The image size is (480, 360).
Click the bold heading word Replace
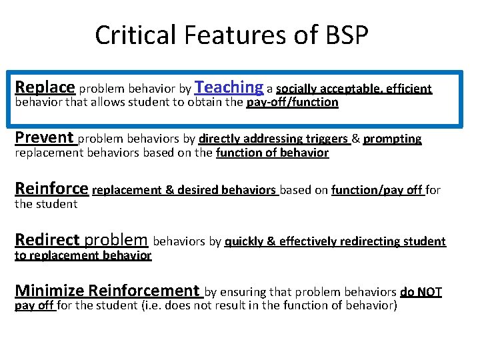coord(45,87)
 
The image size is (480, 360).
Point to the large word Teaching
coord(230,87)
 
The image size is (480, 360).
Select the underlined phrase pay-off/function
coord(292,103)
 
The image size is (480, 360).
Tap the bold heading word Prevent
coord(44,138)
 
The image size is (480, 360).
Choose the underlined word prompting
coord(393,139)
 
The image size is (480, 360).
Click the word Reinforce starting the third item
coord(51,189)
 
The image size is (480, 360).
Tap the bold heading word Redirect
coord(47,239)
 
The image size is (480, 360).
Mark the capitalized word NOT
coord(429,292)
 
